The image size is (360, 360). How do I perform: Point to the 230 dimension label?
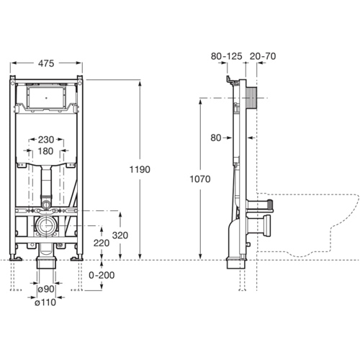coord(45,140)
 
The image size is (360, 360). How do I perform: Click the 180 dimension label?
coord(45,151)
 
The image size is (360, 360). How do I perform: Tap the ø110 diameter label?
coord(46,302)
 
